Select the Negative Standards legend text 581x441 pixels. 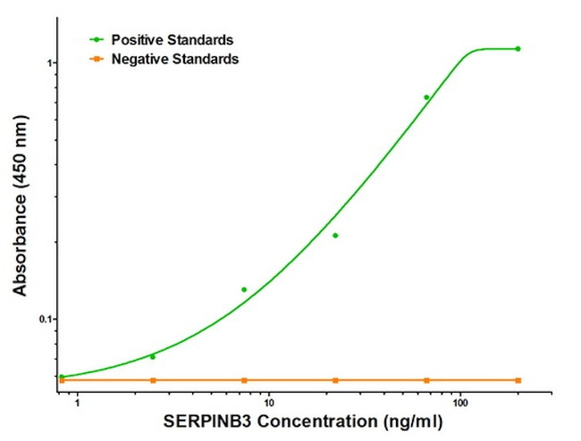click(x=175, y=59)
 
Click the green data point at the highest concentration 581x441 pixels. click(x=518, y=48)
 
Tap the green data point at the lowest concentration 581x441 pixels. click(x=62, y=377)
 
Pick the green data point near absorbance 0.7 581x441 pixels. click(x=426, y=97)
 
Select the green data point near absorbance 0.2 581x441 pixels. click(x=335, y=236)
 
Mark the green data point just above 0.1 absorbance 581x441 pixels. click(x=244, y=289)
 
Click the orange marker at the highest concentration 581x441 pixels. click(x=518, y=380)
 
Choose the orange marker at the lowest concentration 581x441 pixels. click(x=62, y=380)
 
